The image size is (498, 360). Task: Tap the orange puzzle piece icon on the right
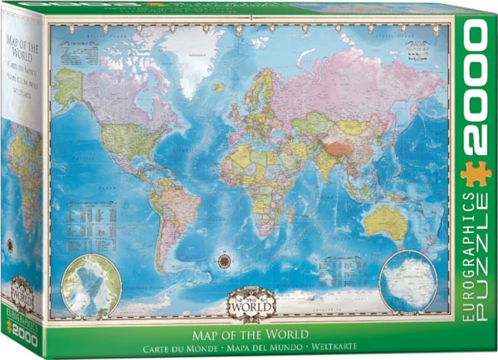(x=476, y=172)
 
